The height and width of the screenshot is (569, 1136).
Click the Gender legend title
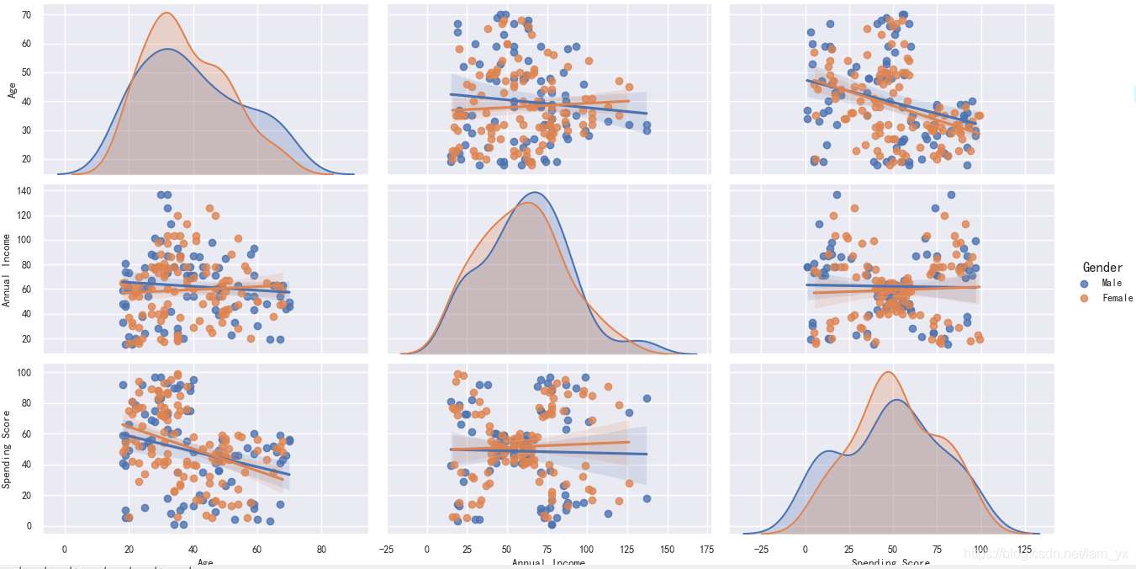click(x=1102, y=268)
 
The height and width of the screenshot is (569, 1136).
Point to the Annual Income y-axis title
click(x=7, y=270)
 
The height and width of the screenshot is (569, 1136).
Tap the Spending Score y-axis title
click(x=7, y=449)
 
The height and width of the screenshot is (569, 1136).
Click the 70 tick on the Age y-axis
click(x=27, y=14)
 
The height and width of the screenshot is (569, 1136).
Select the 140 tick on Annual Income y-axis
click(x=24, y=191)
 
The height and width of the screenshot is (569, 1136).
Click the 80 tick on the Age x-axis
click(x=321, y=550)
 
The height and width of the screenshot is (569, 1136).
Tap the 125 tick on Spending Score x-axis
click(x=1024, y=550)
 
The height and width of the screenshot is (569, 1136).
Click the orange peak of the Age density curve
click(x=166, y=13)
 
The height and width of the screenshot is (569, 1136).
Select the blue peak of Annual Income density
click(x=534, y=194)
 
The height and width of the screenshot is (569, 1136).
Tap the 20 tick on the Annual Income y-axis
click(x=27, y=338)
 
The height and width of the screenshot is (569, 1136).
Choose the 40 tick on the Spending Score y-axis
click(x=27, y=465)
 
